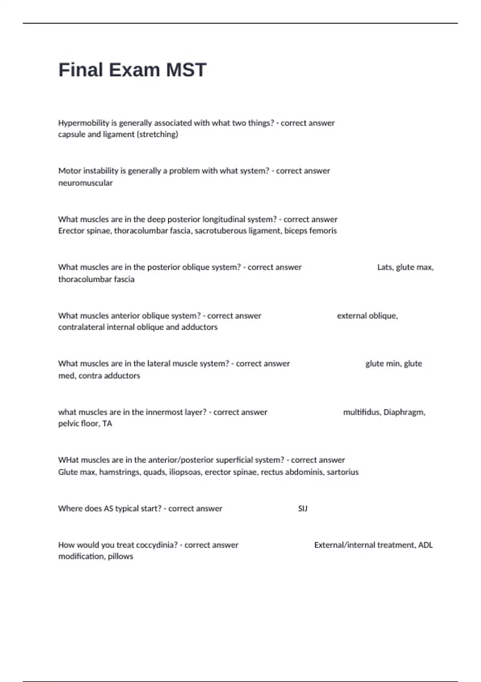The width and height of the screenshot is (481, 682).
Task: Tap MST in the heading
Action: pyautogui.click(x=186, y=70)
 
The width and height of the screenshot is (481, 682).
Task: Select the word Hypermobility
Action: pyautogui.click(x=83, y=123)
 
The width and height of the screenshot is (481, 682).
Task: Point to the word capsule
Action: pyautogui.click(x=71, y=135)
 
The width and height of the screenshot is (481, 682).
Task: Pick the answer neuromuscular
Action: pyautogui.click(x=85, y=183)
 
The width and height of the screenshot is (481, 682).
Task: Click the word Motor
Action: pyautogui.click(x=69, y=171)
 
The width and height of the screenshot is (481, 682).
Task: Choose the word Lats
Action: pyautogui.click(x=385, y=267)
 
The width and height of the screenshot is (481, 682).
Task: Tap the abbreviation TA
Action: pyautogui.click(x=107, y=424)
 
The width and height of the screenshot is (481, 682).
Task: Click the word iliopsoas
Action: pyautogui.click(x=185, y=472)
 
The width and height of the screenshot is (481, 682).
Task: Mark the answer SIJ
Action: pyautogui.click(x=303, y=509)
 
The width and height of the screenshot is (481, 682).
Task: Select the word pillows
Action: pyautogui.click(x=120, y=556)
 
